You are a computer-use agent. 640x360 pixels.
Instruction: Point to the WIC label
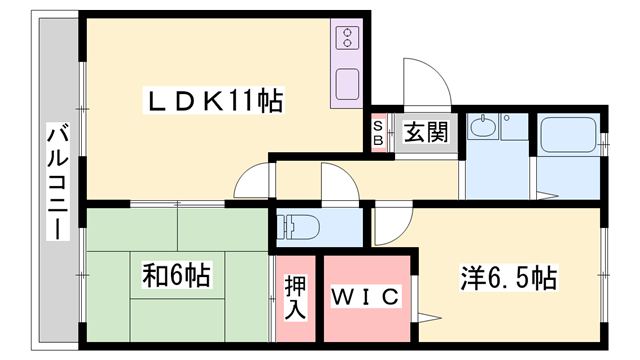[365, 298]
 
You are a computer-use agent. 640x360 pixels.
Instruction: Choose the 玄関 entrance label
[426, 130]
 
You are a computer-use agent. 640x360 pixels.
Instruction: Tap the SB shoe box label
[378, 132]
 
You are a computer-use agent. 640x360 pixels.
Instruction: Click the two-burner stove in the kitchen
[348, 39]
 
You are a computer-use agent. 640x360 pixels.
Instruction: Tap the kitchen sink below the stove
[348, 82]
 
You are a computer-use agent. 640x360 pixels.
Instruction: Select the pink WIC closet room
[365, 300]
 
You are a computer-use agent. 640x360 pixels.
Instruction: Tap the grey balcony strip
[58, 180]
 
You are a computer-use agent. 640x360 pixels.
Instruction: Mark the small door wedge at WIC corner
[427, 319]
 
